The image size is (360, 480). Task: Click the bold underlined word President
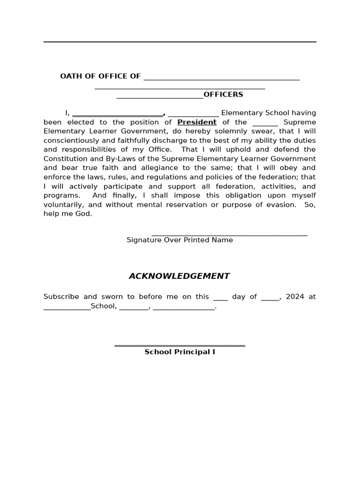pyautogui.click(x=197, y=122)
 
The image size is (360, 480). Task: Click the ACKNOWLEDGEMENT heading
pyautogui.click(x=179, y=276)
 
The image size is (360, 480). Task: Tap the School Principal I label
pyautogui.click(x=180, y=352)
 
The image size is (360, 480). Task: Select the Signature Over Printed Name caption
pyautogui.click(x=180, y=240)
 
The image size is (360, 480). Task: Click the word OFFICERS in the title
pyautogui.click(x=223, y=95)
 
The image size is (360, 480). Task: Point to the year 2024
pyautogui.click(x=295, y=297)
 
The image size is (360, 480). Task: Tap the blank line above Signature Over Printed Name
pyautogui.click(x=229, y=234)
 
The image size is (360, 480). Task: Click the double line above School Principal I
pyautogui.click(x=180, y=346)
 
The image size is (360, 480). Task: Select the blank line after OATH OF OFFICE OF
pyautogui.click(x=221, y=79)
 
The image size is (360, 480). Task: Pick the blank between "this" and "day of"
pyautogui.click(x=220, y=299)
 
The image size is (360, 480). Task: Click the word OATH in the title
pyautogui.click(x=70, y=76)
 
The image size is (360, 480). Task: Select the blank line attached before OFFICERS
pyautogui.click(x=159, y=97)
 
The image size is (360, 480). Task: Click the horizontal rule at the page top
pyautogui.click(x=180, y=42)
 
